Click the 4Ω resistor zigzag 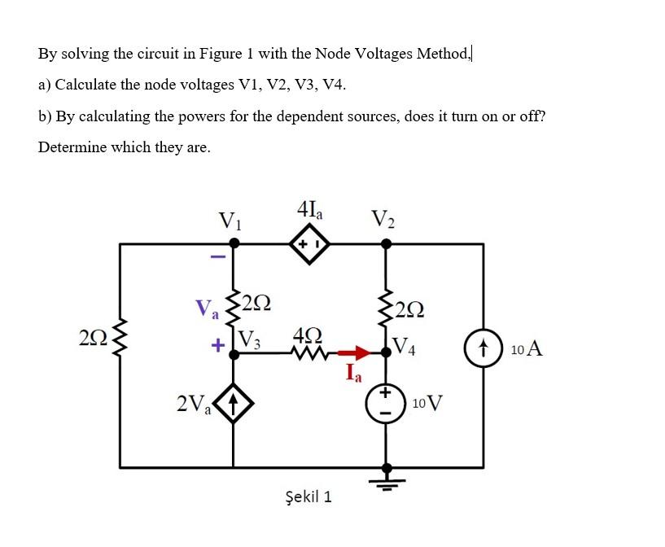tap(303, 354)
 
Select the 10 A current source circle tap(482, 351)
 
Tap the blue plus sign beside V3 tap(217, 345)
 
